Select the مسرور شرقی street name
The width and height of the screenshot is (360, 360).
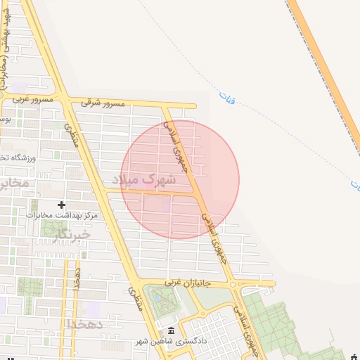click(x=103, y=103)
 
